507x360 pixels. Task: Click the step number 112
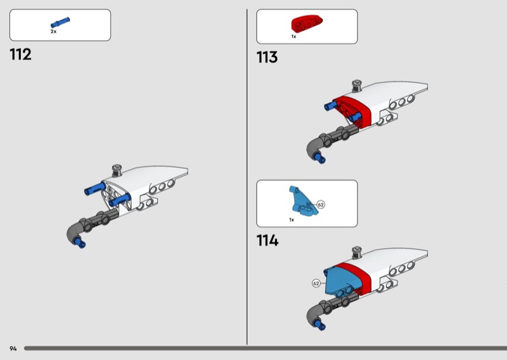pos(20,55)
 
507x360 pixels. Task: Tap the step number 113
pos(267,57)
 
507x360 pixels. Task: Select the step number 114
pos(267,241)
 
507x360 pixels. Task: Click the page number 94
pos(13,348)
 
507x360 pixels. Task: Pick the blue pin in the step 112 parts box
pos(60,23)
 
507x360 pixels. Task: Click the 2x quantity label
pos(54,31)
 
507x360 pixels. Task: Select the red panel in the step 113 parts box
pos(307,23)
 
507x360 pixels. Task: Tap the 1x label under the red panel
pos(293,37)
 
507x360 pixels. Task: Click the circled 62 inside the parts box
pos(321,205)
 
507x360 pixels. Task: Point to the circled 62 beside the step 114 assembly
pos(316,283)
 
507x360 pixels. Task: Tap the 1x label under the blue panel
pos(292,219)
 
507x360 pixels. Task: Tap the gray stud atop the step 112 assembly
pos(117,168)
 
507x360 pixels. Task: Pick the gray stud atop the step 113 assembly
pos(357,83)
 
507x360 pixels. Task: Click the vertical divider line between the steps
pos(247,177)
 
